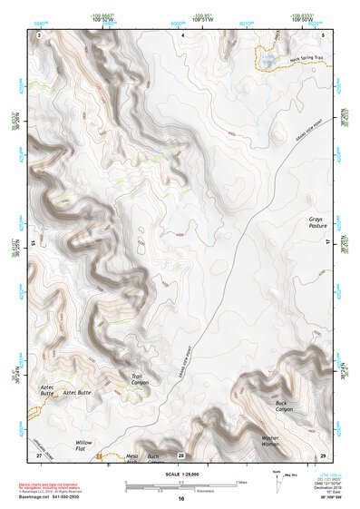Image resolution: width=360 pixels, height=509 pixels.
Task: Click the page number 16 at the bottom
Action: tap(181, 499)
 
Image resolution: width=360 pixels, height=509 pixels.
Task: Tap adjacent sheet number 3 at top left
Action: tap(40, 34)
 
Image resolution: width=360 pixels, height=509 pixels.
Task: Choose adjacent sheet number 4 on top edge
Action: tap(182, 34)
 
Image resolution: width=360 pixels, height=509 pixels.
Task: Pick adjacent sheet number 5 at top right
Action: tap(324, 34)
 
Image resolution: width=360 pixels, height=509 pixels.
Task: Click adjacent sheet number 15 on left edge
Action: tap(34, 243)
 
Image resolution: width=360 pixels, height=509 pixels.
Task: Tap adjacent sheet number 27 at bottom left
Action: tap(39, 454)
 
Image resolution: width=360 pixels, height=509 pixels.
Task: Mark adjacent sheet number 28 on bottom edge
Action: tap(181, 454)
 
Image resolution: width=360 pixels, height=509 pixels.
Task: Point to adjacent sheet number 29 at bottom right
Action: tap(324, 454)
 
